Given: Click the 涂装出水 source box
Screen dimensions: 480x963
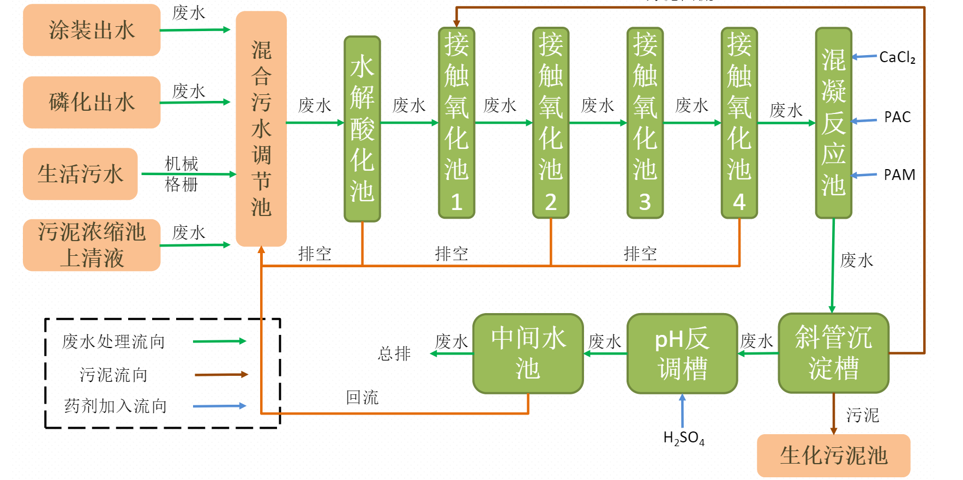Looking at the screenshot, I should pyautogui.click(x=92, y=30).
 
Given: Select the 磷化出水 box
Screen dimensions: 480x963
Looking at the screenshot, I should pyautogui.click(x=92, y=102).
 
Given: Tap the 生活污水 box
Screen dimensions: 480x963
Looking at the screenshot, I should pyautogui.click(x=80, y=174).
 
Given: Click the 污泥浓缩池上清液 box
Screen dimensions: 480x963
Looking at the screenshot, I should pyautogui.click(x=92, y=245).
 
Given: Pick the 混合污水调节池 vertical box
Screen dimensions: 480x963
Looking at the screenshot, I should pyautogui.click(x=261, y=128).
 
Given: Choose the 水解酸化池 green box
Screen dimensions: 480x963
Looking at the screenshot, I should pyautogui.click(x=362, y=129).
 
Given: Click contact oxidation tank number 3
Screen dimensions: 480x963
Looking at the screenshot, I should pyautogui.click(x=645, y=123).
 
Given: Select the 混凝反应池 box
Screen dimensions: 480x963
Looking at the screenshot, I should pyautogui.click(x=833, y=123).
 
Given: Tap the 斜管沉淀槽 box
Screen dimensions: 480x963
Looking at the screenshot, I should pyautogui.click(x=833, y=353).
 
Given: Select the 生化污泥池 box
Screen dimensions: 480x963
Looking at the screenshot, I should pyautogui.click(x=833, y=455).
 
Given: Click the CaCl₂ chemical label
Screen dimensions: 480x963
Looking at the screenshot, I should pyautogui.click(x=897, y=57).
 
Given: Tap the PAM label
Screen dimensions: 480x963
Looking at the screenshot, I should pyautogui.click(x=899, y=175).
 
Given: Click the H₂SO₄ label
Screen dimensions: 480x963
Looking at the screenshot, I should pyautogui.click(x=683, y=438).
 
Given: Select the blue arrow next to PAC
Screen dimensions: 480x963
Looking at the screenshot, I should pyautogui.click(x=864, y=121).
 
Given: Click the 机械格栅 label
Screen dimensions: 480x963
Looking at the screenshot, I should pyautogui.click(x=182, y=174).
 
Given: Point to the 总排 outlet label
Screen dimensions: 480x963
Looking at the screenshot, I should pyautogui.click(x=394, y=353).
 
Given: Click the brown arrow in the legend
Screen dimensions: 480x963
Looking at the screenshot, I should pyautogui.click(x=221, y=375).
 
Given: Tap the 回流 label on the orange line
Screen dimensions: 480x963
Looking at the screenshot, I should pyautogui.click(x=362, y=398).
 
